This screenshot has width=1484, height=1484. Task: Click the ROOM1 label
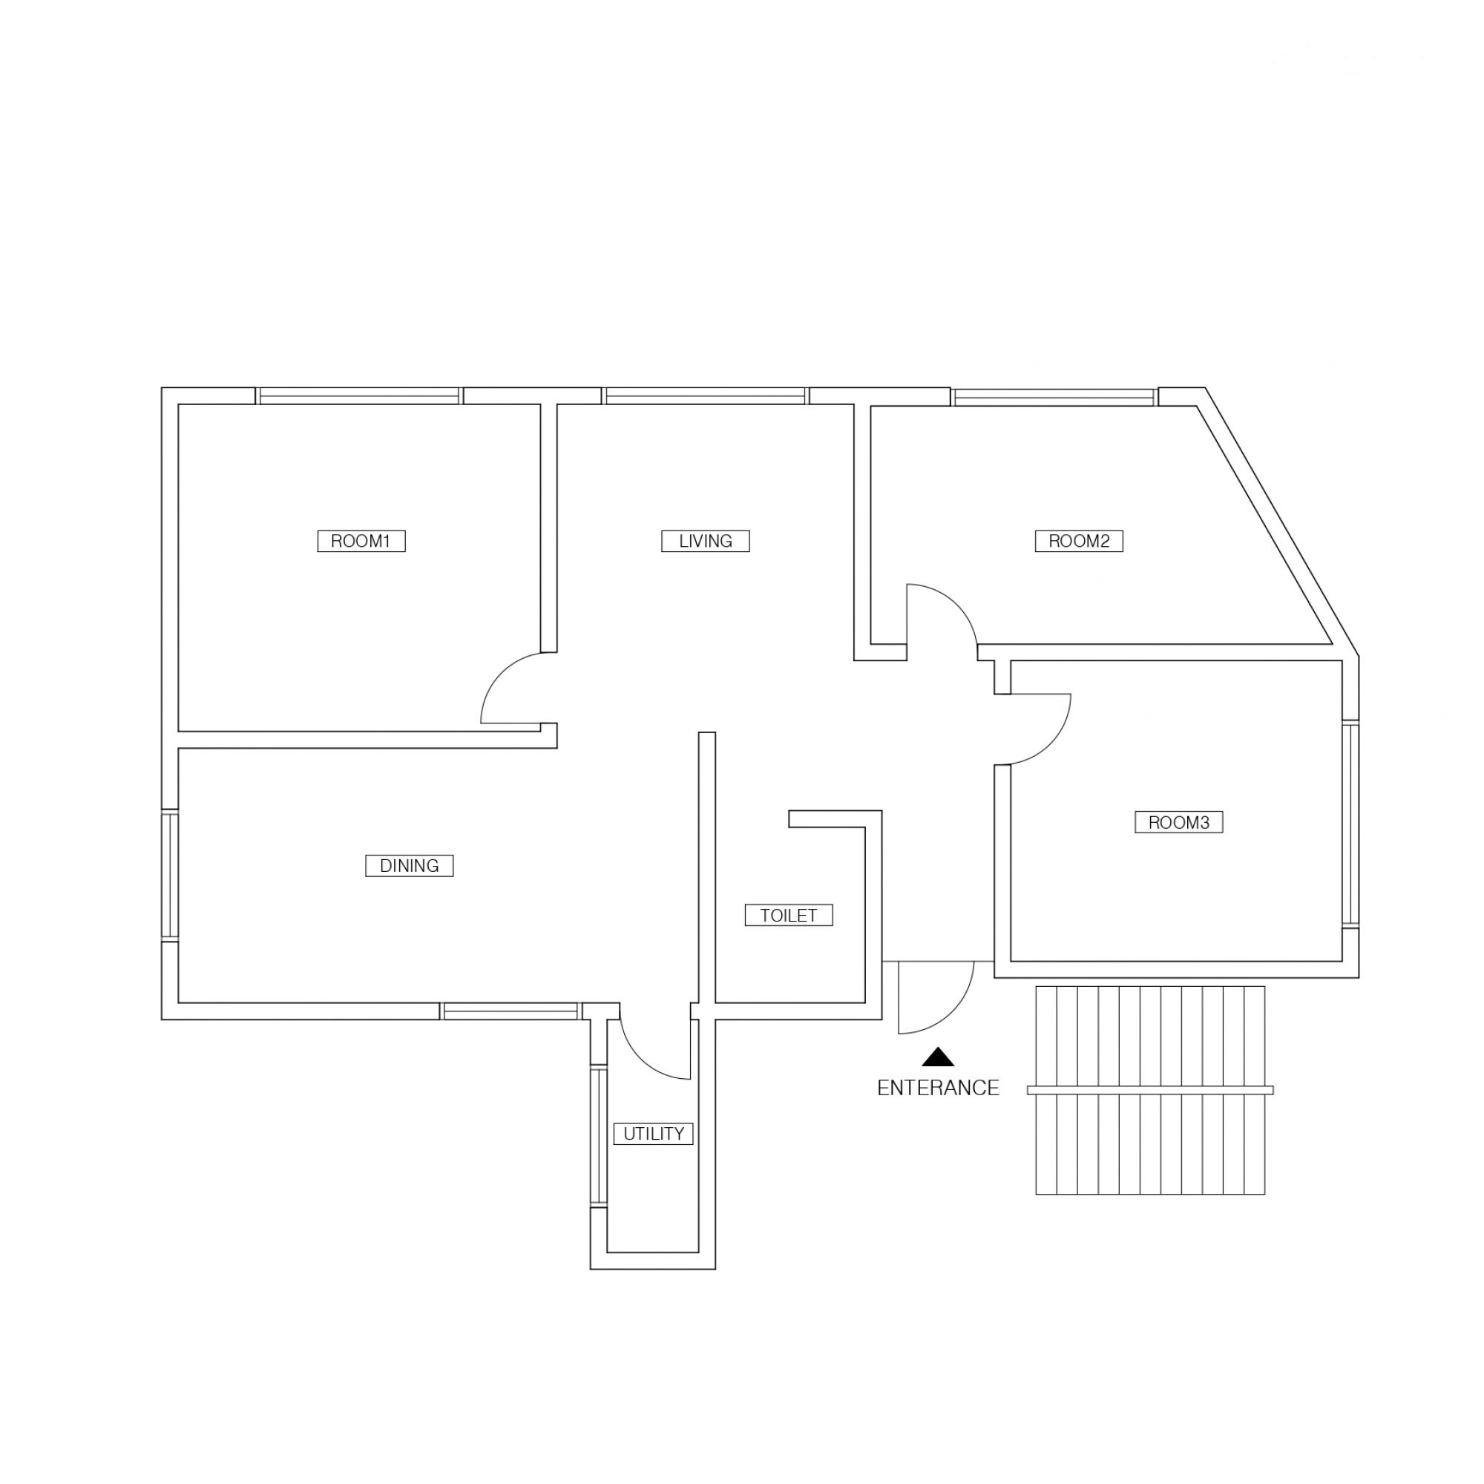(361, 541)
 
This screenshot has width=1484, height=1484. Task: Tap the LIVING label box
(705, 541)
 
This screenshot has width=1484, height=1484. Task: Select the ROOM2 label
(1078, 541)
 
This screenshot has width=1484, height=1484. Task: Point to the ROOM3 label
(1178, 822)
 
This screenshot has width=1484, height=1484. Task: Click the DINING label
(409, 866)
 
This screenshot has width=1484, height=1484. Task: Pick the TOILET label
(788, 915)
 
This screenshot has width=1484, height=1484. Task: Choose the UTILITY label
(653, 1133)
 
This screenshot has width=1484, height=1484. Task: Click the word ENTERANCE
(938, 1088)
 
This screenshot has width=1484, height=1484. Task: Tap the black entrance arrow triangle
(938, 1057)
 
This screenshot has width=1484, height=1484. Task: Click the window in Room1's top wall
(358, 395)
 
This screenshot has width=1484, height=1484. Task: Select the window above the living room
(705, 395)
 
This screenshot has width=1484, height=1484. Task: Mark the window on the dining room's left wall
(170, 874)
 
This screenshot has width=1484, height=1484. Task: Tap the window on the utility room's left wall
(598, 1136)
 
